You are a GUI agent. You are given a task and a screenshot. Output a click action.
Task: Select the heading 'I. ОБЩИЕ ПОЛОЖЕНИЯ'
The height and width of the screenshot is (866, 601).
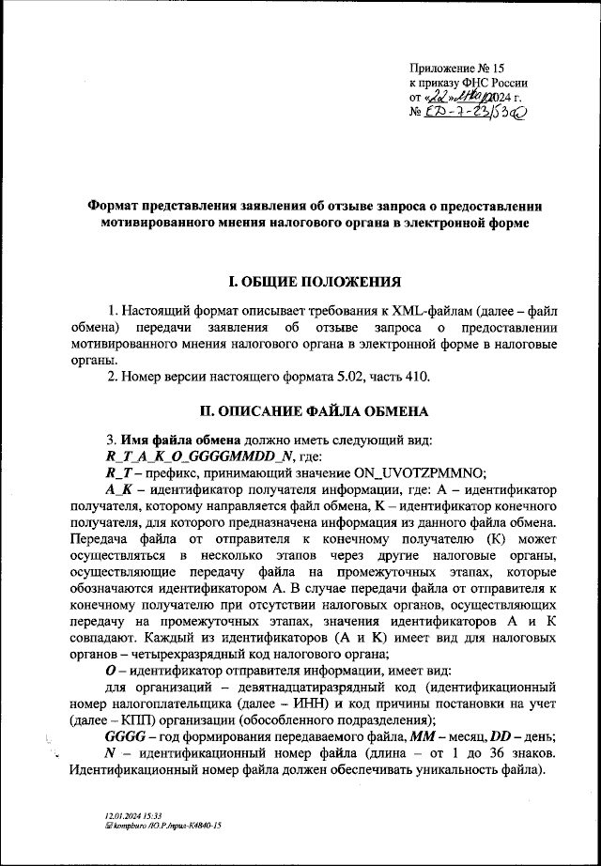point(316,282)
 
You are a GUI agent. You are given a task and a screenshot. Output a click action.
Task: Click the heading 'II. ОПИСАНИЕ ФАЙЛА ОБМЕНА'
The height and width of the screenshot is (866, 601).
point(316,411)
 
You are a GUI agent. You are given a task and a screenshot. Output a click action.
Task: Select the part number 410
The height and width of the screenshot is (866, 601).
point(414,378)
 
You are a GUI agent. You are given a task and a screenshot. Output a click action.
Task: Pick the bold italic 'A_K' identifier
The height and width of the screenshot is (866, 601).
point(120,489)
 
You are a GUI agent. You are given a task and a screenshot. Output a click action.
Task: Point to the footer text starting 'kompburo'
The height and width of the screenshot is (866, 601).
point(165,826)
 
